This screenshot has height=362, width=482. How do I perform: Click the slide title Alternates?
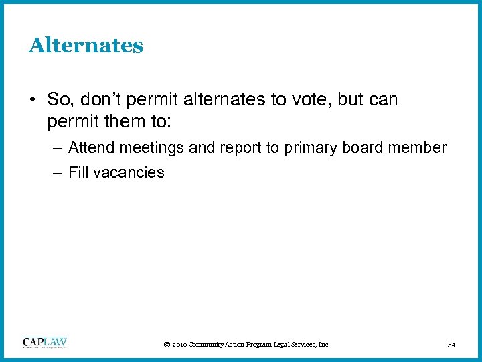[86, 46]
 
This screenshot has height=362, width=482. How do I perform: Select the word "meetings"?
[151, 148]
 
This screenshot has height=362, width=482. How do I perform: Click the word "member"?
[420, 147]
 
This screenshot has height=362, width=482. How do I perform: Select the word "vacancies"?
[129, 172]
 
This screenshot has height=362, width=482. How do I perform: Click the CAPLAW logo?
[45, 343]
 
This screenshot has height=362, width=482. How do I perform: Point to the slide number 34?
[452, 345]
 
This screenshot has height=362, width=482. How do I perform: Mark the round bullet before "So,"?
[31, 100]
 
